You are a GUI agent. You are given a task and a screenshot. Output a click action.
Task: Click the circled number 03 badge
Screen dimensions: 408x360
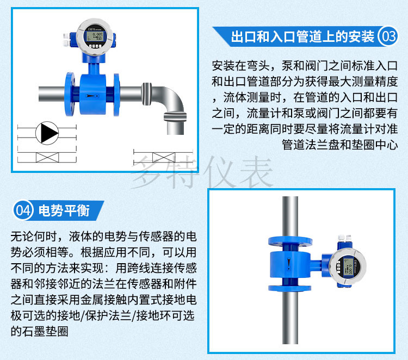388,36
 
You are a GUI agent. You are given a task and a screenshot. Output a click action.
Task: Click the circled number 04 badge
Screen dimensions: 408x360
23,210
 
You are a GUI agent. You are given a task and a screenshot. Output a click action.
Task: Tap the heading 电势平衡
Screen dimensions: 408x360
64,210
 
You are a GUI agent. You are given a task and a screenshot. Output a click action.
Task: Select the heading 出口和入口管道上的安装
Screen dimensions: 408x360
302,36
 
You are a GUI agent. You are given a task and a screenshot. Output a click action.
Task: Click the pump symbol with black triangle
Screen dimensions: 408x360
47,133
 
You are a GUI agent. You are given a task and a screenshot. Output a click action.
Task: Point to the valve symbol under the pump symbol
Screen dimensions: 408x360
47,157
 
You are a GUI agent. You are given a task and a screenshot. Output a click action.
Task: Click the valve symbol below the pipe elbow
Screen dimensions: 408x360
164,157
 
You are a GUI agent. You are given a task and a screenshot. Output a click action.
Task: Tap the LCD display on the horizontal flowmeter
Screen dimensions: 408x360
95,36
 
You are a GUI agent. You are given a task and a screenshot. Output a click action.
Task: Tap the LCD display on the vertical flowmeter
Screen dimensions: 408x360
348,266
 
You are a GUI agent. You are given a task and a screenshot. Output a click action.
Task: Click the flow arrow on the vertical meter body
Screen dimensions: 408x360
289,263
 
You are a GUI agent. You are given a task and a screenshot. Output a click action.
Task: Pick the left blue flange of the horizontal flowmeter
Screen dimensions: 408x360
70,94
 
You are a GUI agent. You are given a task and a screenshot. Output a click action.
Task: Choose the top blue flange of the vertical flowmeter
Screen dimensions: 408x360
290,241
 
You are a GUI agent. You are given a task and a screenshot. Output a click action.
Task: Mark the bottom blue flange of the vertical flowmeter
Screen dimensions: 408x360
289,288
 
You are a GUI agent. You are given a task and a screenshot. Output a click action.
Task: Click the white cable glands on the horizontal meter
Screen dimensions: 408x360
66,40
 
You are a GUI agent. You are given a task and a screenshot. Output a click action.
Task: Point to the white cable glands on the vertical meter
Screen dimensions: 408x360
344,238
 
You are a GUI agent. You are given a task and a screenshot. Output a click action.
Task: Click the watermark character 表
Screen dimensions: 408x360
256,172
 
